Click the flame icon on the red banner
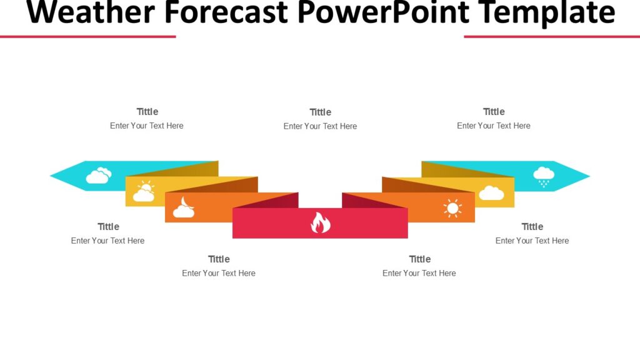click(x=320, y=223)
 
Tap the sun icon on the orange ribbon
click(x=452, y=208)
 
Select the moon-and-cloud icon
click(x=184, y=208)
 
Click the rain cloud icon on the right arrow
click(x=543, y=176)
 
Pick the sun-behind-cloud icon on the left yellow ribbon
click(x=144, y=192)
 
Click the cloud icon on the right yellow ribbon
click(x=491, y=193)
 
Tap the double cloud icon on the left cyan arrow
click(x=99, y=176)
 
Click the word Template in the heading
click(x=543, y=12)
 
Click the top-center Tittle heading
click(x=320, y=112)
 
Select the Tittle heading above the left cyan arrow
click(x=147, y=112)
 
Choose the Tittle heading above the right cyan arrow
click(x=493, y=112)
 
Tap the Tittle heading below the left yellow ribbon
click(x=108, y=227)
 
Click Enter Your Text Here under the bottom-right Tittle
click(x=532, y=241)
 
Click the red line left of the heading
click(x=87, y=36)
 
